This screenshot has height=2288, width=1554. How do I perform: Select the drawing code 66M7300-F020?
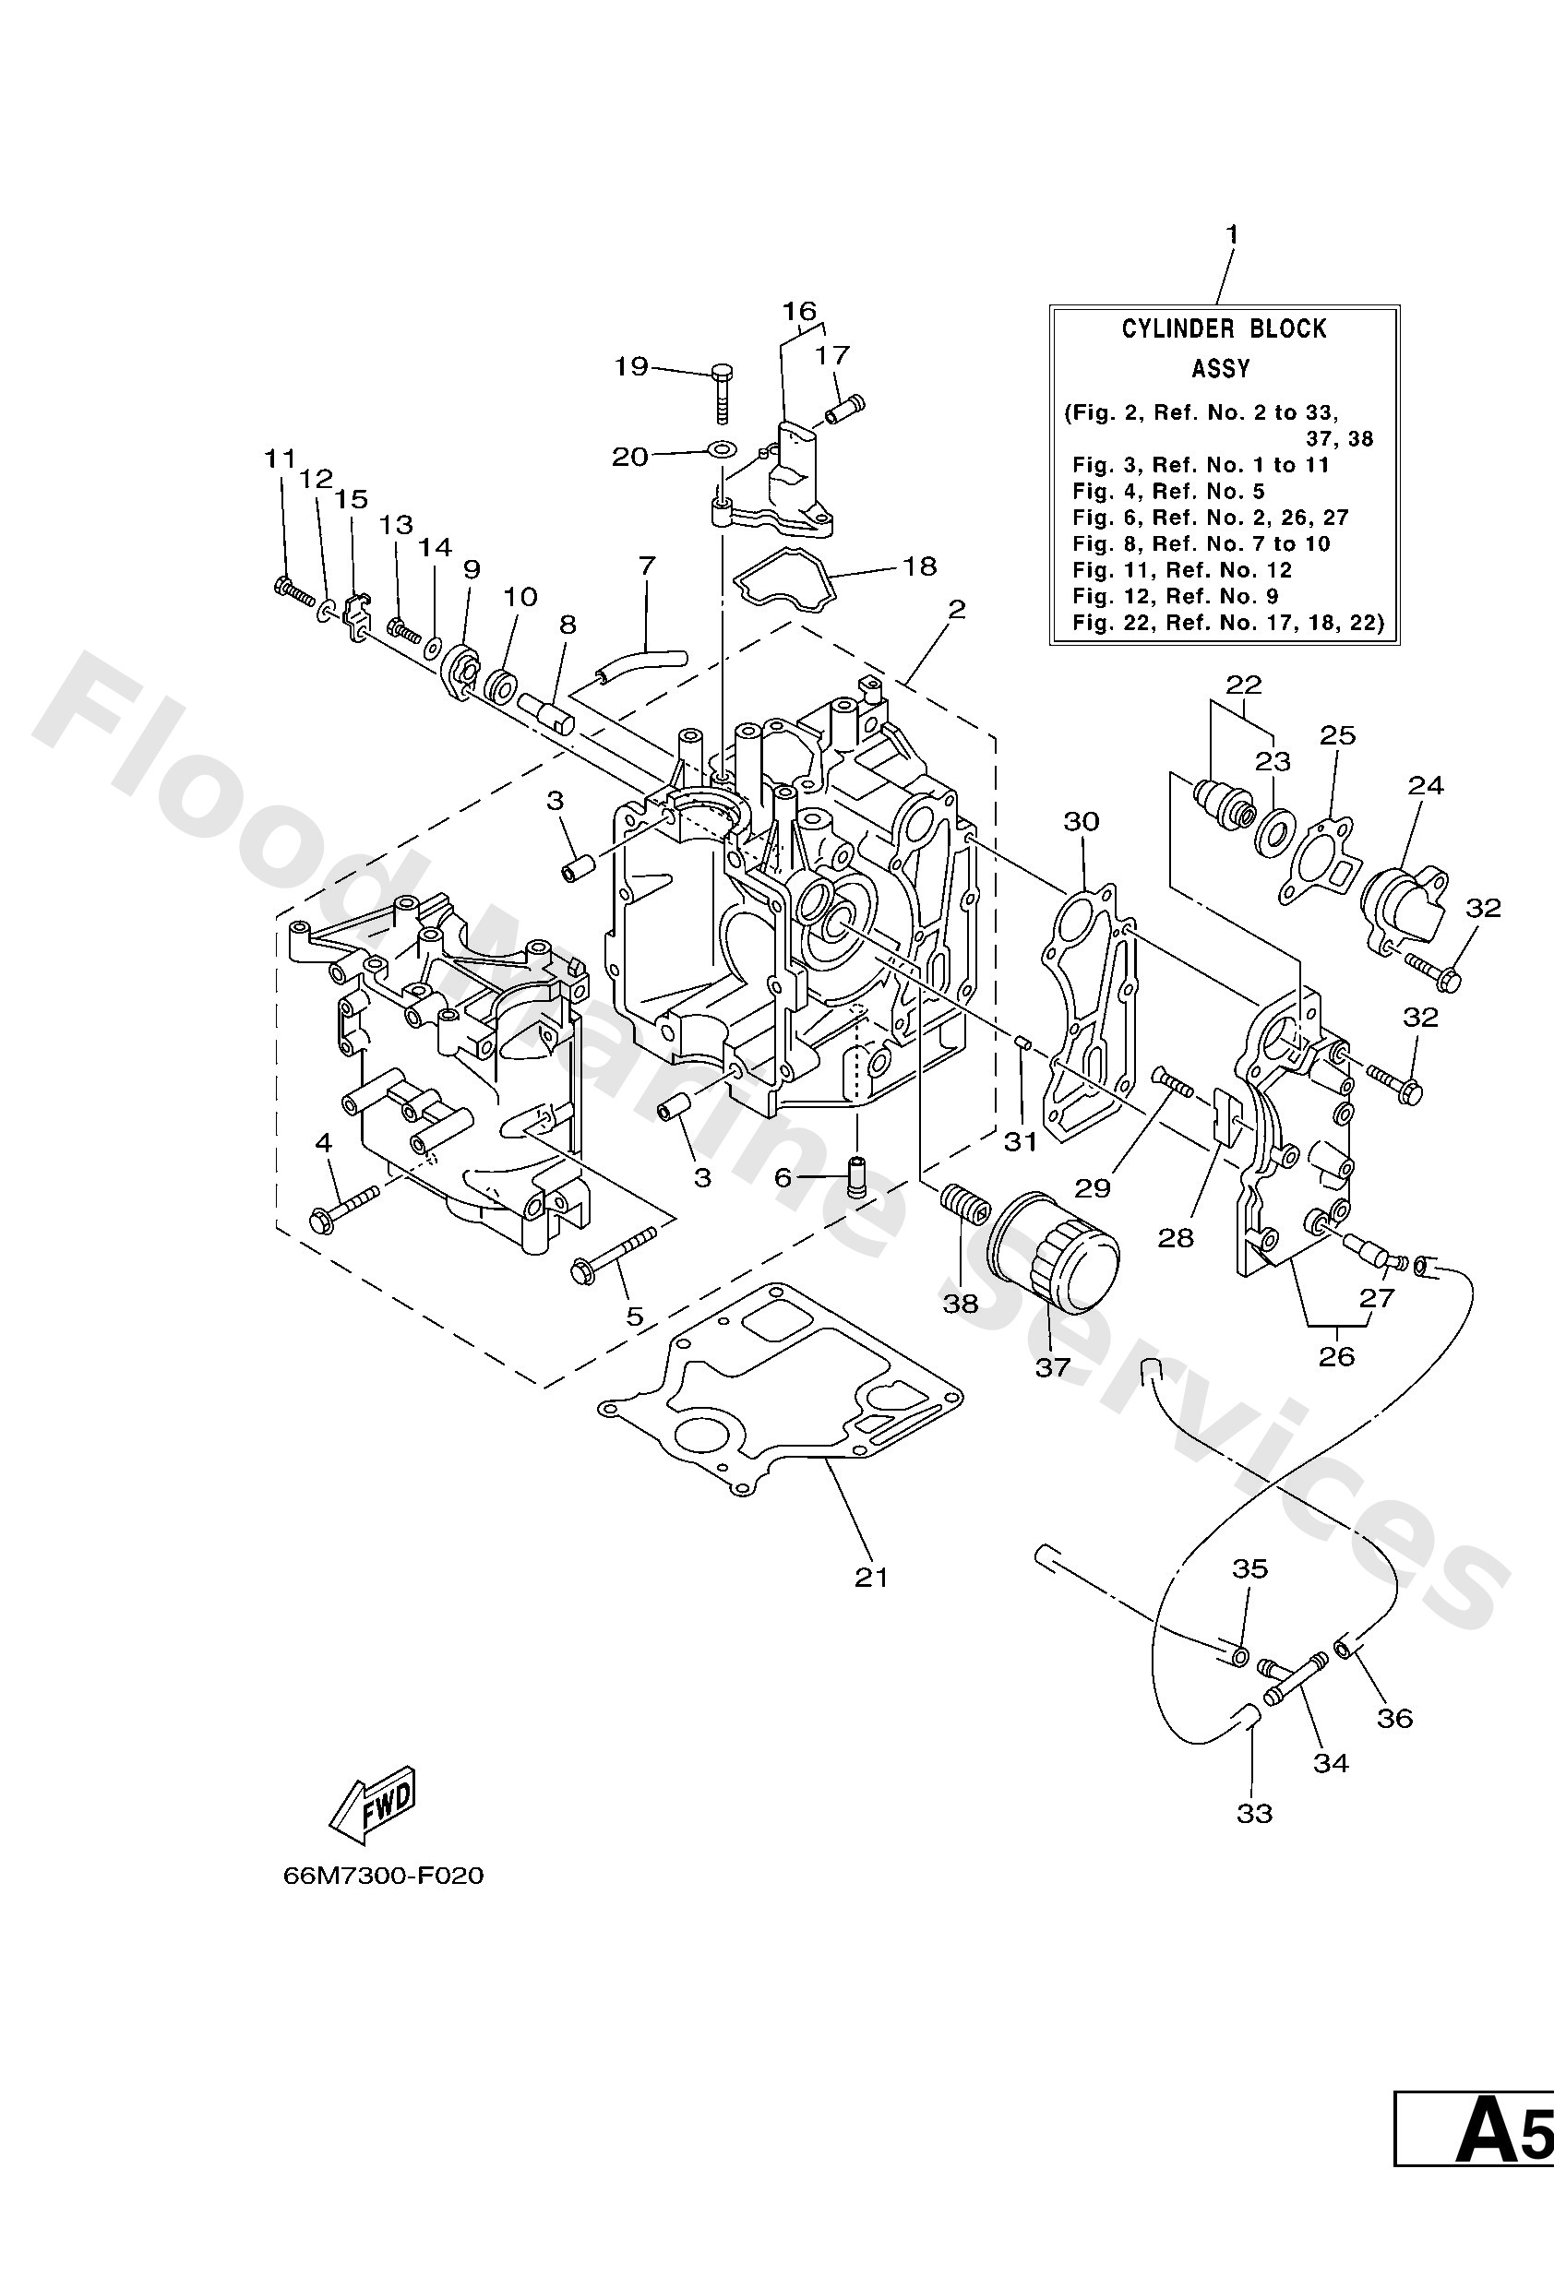coord(383,1876)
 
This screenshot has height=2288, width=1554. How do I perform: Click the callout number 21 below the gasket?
coord(871,1578)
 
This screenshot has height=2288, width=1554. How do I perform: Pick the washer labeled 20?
coord(721,450)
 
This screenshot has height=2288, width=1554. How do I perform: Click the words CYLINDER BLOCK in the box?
coord(1224,328)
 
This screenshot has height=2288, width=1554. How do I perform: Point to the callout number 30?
coord(1082,821)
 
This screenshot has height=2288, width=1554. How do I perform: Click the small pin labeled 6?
coord(855,1177)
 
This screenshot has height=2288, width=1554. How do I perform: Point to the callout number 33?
coord(1255,1813)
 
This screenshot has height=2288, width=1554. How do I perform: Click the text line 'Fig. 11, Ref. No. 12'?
coord(1182,570)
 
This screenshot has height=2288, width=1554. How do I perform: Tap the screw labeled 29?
coord(1170,1086)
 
